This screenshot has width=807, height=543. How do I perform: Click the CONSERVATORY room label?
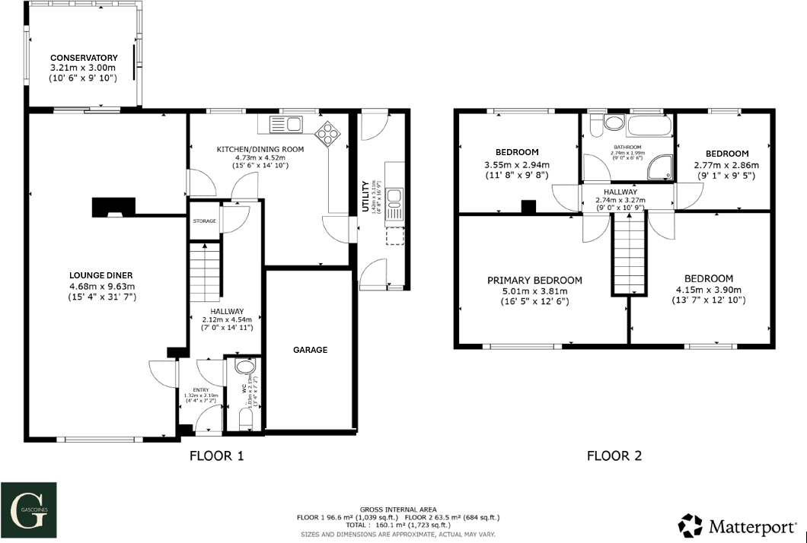point(84,58)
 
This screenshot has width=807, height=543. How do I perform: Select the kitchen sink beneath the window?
point(287,123)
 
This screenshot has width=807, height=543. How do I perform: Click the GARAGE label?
point(310,350)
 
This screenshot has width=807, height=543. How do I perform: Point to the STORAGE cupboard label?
point(204,221)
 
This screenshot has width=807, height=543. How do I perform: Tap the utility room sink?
point(394,199)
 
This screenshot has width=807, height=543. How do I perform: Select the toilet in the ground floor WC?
point(244,367)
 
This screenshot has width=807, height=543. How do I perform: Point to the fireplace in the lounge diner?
point(113,207)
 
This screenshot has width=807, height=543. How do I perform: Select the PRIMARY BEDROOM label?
point(534,281)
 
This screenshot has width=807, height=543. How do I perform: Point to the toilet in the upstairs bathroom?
point(611,122)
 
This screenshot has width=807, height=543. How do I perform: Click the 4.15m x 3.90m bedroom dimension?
point(708,290)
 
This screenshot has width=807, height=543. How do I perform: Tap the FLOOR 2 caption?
point(614,456)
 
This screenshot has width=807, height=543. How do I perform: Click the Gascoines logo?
point(28,509)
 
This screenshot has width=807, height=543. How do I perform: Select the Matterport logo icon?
point(691,526)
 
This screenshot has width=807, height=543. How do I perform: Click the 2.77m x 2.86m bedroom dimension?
point(726,164)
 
